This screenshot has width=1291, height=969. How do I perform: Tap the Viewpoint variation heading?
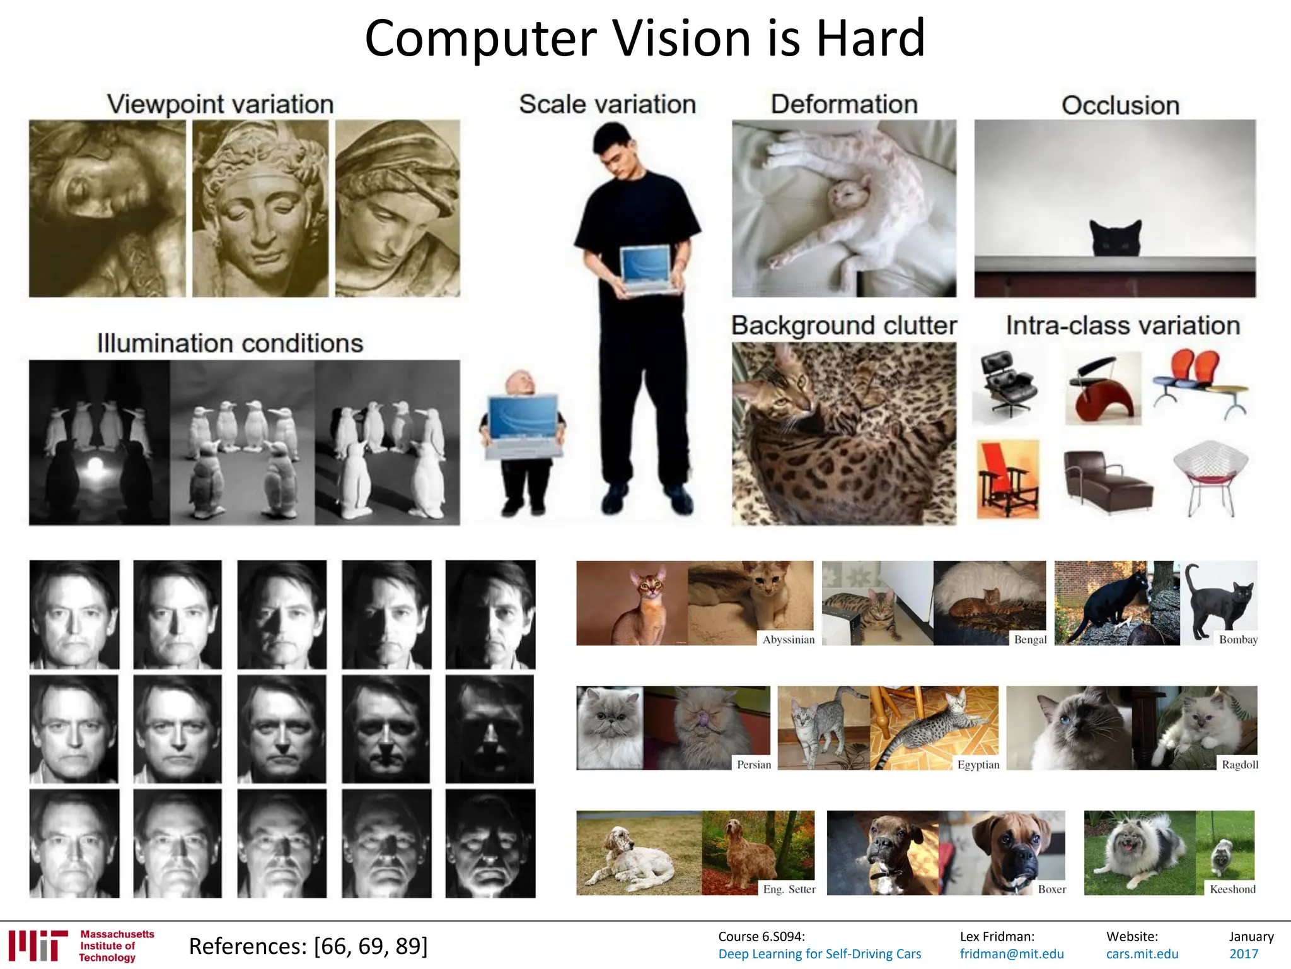tap(220, 104)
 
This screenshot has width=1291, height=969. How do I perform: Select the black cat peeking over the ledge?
tap(1116, 238)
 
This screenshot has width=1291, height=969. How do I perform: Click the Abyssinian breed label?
tap(788, 639)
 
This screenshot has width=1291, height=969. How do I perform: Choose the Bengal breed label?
tap(1030, 639)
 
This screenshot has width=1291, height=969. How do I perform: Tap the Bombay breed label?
tap(1238, 639)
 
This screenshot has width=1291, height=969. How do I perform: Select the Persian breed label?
tap(754, 765)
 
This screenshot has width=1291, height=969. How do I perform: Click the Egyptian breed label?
tap(978, 765)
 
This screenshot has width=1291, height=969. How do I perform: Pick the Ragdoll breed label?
tap(1240, 765)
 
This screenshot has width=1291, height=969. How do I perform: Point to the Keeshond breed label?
tap(1232, 889)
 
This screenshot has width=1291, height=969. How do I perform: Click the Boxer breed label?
tap(1052, 889)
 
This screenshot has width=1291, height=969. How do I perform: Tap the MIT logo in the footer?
tap(38, 945)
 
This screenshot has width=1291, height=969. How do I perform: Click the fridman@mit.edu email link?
tap(1012, 954)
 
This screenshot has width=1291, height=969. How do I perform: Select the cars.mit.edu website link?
tap(1142, 954)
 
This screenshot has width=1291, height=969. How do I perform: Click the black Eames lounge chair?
tap(1007, 383)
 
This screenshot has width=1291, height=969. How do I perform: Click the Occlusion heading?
tap(1120, 105)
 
